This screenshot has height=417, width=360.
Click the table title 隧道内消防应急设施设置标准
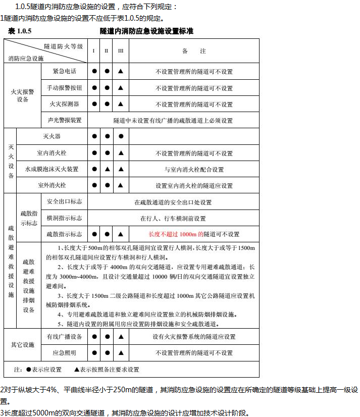coord(146,31)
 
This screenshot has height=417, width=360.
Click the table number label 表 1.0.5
coord(20,31)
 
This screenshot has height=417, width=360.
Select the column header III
coord(120,51)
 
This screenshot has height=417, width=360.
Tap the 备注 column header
coord(194,51)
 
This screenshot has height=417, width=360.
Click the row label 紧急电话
coord(64,71)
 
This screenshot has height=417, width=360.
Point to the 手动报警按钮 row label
coord(64,88)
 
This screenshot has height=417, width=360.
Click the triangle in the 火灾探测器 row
coord(121,105)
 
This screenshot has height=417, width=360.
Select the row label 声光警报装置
coord(64,121)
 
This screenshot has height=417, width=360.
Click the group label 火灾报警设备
coord(23,95)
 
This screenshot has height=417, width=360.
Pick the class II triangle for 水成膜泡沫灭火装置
coord(107,170)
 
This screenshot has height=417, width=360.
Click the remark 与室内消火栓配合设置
coord(194,170)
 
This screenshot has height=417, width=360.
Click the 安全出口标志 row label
coord(64,201)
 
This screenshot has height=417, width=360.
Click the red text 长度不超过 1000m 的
coord(176,234)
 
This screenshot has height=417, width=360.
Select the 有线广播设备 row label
coord(64,336)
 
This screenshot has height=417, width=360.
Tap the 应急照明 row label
coord(64,352)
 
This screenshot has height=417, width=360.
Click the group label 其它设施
coord(23,345)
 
